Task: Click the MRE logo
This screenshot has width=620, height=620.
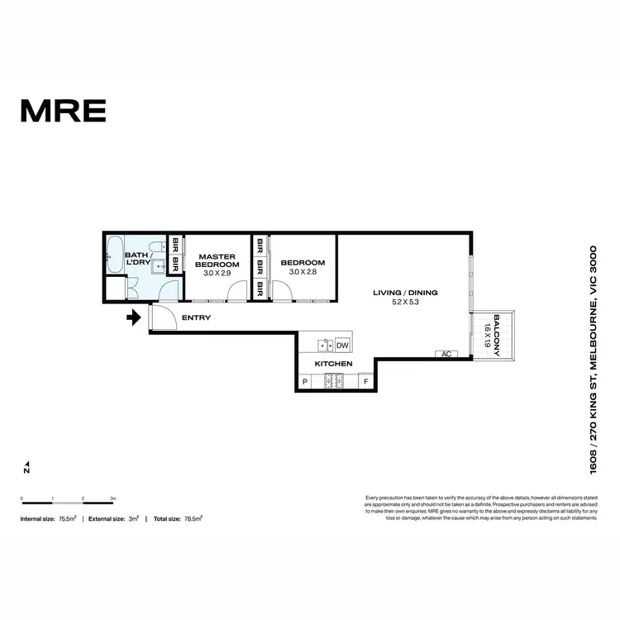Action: click(x=63, y=110)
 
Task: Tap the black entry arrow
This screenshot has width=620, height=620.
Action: click(x=133, y=317)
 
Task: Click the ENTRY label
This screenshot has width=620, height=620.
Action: click(x=196, y=317)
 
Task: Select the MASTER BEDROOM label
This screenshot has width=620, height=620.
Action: click(x=217, y=260)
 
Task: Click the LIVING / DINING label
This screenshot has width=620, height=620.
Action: click(x=405, y=293)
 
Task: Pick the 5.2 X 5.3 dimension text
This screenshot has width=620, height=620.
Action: click(x=405, y=303)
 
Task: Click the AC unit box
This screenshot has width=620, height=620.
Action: click(x=446, y=355)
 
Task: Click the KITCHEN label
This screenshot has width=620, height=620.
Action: click(x=334, y=364)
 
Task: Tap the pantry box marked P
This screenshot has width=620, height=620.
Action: click(x=304, y=382)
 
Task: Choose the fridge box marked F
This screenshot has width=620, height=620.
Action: click(x=366, y=382)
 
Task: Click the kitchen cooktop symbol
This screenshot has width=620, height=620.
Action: click(x=335, y=381)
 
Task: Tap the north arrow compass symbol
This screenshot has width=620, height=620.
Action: click(x=26, y=468)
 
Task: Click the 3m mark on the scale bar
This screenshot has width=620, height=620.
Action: click(x=113, y=498)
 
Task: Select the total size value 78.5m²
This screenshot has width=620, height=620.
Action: click(x=193, y=518)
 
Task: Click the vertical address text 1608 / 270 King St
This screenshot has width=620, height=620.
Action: click(x=593, y=359)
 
